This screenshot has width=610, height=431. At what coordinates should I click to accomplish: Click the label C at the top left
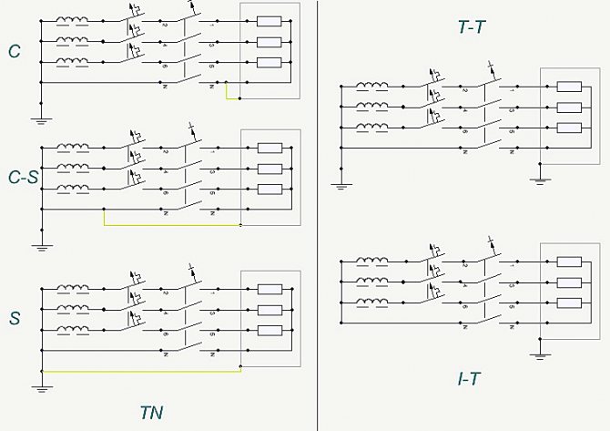[x=15, y=52]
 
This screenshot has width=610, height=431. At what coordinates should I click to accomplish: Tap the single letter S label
[x=15, y=319]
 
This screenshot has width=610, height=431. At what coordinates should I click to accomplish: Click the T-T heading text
[x=471, y=26]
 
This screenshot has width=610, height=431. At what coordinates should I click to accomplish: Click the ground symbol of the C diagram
[x=41, y=117]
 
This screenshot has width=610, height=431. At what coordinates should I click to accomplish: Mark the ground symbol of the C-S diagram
[x=41, y=243]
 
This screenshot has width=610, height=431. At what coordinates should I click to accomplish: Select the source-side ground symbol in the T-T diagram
[x=341, y=185]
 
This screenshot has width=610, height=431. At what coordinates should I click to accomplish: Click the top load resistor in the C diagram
[x=269, y=21]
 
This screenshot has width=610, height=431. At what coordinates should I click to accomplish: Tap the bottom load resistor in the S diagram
[x=269, y=331]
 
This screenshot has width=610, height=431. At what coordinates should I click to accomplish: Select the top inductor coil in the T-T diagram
[x=372, y=87]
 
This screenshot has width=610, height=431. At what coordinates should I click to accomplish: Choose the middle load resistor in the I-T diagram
[x=568, y=283]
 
